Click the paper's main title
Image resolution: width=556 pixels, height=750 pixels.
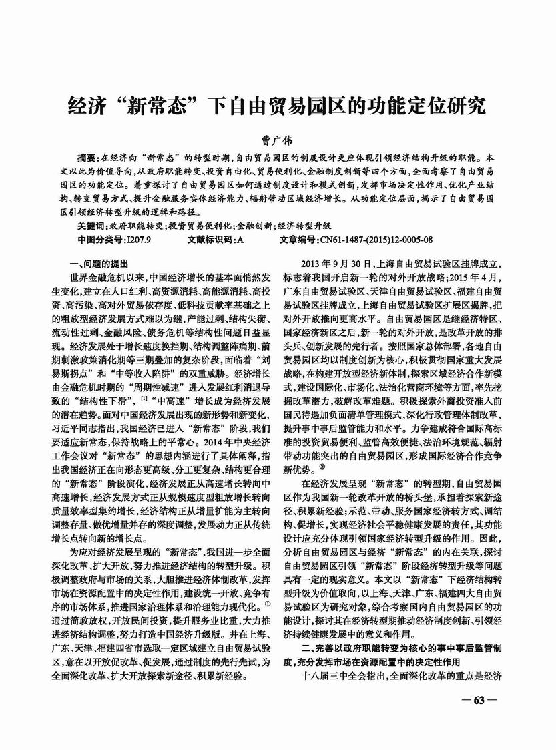click(278, 106)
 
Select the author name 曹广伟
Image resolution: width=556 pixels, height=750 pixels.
click(278, 142)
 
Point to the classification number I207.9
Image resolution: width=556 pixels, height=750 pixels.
click(139, 239)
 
